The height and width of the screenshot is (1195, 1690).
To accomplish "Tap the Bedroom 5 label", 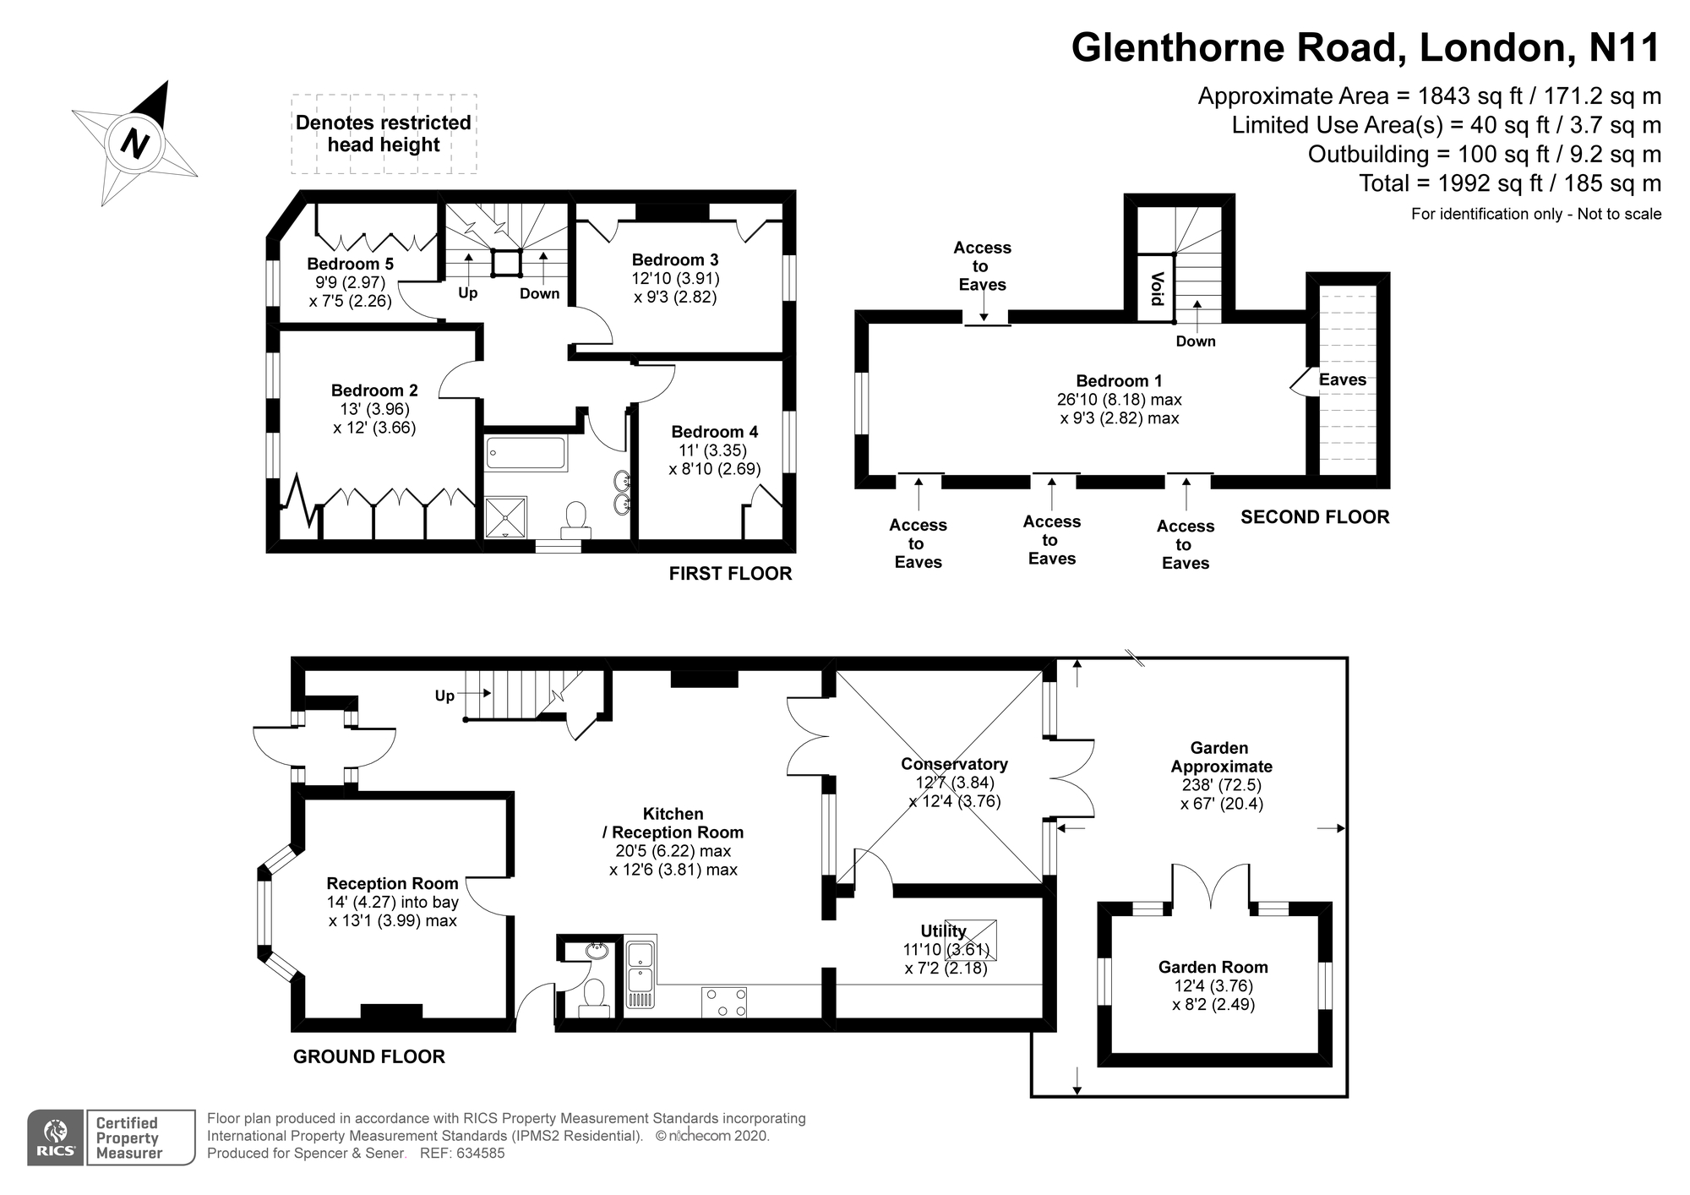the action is pyautogui.click(x=350, y=264).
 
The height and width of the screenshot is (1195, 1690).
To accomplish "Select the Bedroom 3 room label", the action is pyautogui.click(x=674, y=259).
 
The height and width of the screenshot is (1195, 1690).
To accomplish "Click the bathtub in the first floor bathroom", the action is pyautogui.click(x=525, y=453).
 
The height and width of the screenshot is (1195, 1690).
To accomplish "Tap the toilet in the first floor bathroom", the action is pyautogui.click(x=577, y=518).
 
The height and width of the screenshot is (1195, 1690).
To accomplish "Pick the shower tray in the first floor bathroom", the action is pyautogui.click(x=505, y=516).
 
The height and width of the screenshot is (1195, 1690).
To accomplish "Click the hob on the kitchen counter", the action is pyautogui.click(x=724, y=1002).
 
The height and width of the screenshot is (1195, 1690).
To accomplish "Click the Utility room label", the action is pyautogui.click(x=943, y=931).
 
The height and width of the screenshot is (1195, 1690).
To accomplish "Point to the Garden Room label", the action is pyautogui.click(x=1213, y=967).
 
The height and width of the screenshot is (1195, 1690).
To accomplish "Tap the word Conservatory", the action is pyautogui.click(x=954, y=764).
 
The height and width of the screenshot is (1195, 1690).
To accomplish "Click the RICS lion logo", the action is pyautogui.click(x=55, y=1137).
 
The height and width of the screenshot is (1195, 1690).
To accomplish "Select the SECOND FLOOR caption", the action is pyautogui.click(x=1314, y=517).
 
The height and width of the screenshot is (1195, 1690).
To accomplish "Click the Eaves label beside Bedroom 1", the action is pyautogui.click(x=1342, y=379).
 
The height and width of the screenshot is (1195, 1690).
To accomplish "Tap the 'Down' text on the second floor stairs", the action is pyautogui.click(x=1195, y=341).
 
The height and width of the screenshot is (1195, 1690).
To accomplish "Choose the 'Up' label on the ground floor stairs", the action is pyautogui.click(x=444, y=696).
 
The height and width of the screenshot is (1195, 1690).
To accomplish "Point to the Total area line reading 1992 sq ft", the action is pyautogui.click(x=1509, y=183).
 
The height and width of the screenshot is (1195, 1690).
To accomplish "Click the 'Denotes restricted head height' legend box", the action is pyautogui.click(x=384, y=134).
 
